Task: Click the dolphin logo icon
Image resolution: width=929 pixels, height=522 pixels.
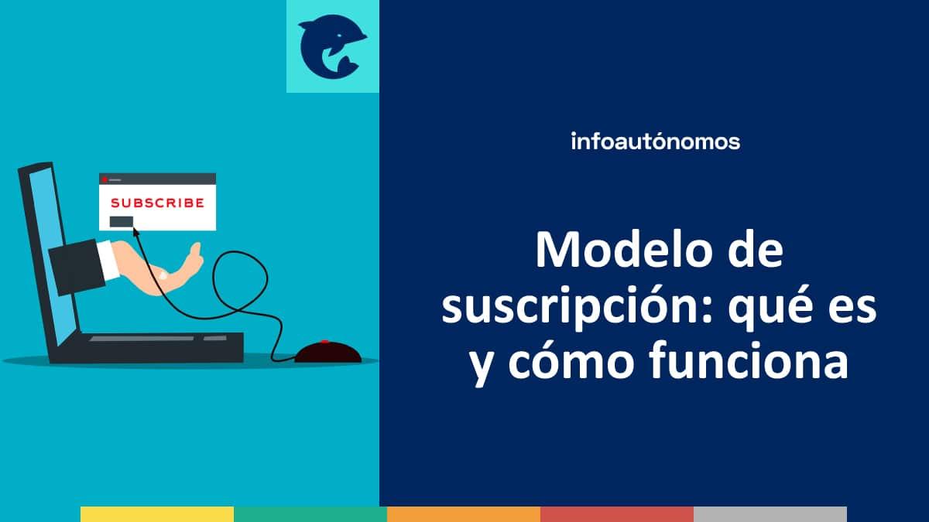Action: coord(332,46)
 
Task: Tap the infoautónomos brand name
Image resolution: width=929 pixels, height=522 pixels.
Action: coord(655,142)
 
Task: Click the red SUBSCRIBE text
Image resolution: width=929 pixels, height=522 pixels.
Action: coord(157,203)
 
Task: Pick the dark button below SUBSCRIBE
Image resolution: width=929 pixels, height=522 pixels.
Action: coord(122,221)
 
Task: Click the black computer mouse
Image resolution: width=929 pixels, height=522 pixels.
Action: coord(327,353)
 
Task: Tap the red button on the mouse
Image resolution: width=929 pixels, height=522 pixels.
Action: coord(325,342)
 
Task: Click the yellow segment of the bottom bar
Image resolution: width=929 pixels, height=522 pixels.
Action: coord(156,514)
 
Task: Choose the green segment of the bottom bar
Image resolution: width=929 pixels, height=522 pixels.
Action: coord(310,514)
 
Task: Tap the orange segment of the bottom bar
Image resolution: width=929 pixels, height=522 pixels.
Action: coord(463,514)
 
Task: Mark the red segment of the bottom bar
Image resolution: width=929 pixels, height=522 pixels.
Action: coord(616,514)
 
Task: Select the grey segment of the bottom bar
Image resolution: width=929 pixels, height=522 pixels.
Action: coord(770,514)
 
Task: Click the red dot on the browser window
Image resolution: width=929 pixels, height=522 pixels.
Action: coord(104,179)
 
